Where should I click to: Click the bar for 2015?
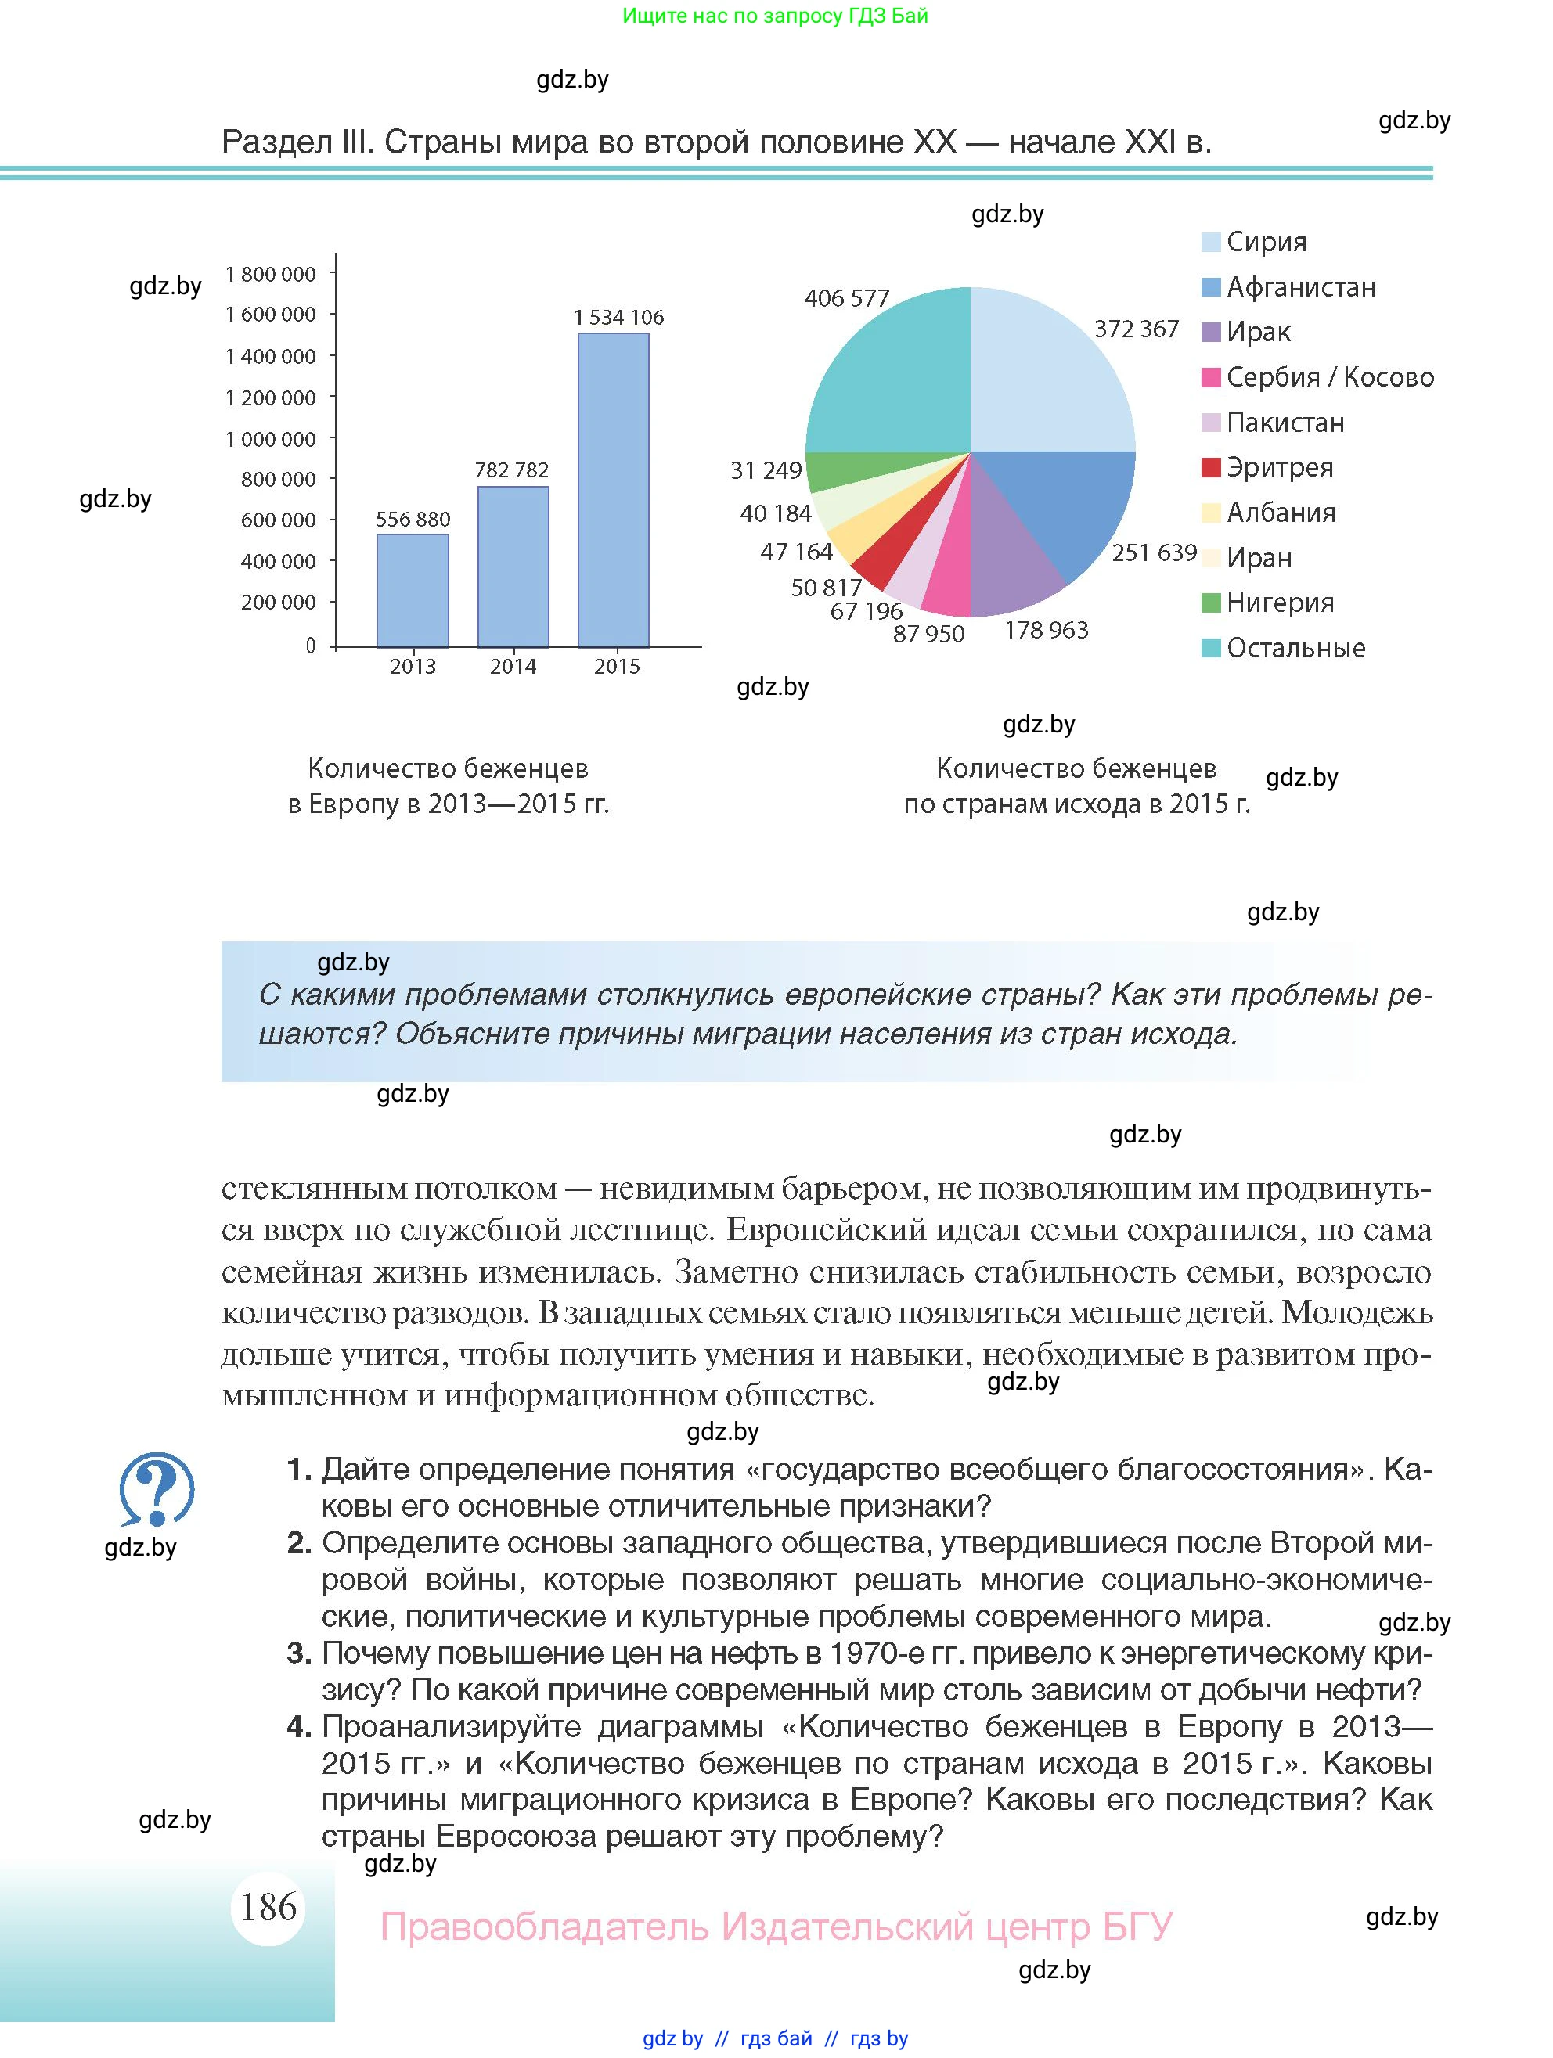tap(613, 489)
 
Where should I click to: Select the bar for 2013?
tap(413, 590)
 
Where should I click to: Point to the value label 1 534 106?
tap(619, 317)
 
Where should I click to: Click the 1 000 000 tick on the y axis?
tap(271, 439)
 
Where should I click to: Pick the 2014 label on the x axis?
tap(513, 666)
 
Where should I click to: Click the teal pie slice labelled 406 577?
tap(888, 372)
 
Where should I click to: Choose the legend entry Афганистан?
tap(1300, 286)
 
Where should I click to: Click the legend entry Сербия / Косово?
tap(1329, 377)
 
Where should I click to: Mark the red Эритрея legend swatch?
tap(1211, 467)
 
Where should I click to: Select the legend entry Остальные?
tap(1295, 648)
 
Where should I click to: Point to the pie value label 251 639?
tap(1154, 552)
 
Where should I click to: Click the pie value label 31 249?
tap(766, 471)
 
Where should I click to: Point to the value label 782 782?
tap(512, 470)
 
